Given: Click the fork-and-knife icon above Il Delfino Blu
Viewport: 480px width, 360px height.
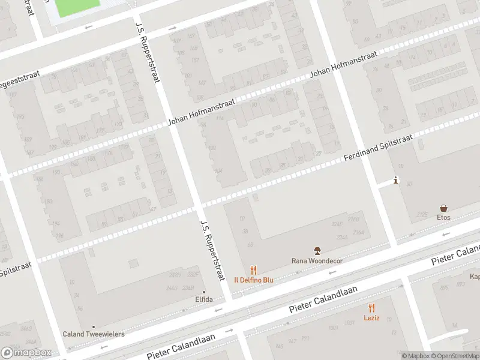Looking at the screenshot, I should (x=254, y=271).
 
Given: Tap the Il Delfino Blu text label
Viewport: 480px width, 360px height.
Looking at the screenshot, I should (x=254, y=280).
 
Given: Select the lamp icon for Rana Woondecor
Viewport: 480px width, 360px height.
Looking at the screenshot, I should (x=317, y=251).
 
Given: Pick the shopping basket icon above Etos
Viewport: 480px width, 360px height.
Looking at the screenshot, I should (x=443, y=208).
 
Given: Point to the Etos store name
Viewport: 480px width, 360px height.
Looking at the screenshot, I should (x=443, y=217).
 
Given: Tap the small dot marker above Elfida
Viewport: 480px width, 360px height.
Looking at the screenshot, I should (x=203, y=292).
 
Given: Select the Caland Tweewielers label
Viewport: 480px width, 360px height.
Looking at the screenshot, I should (x=94, y=334).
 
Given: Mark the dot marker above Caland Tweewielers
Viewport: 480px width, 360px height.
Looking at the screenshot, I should (x=94, y=327).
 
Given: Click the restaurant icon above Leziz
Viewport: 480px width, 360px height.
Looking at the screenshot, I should (x=371, y=308).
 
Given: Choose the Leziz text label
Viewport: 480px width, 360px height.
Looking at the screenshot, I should (x=371, y=318).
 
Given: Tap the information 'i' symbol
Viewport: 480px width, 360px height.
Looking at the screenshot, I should (x=395, y=180).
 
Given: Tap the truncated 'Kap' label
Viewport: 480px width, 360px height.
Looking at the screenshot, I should (x=474, y=277).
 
